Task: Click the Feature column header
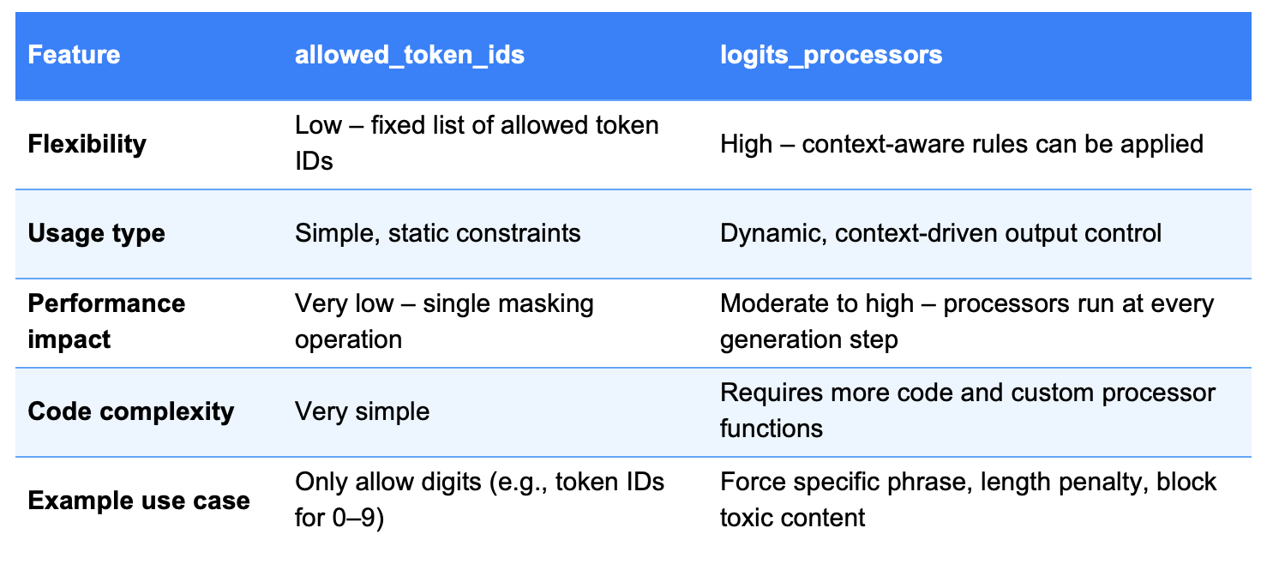pos(74,55)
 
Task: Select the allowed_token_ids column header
pos(410,56)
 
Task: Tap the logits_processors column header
pos(831,56)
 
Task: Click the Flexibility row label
pos(87,144)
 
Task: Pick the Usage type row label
pos(96,234)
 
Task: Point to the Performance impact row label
pos(106,321)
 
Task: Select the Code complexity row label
pos(130,411)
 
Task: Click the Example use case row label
pos(139,501)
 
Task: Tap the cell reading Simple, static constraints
pos(438,233)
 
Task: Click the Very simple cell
pos(362,411)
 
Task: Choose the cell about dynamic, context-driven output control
pos(940,234)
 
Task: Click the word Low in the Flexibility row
pos(318,125)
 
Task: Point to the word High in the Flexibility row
pos(746,144)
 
